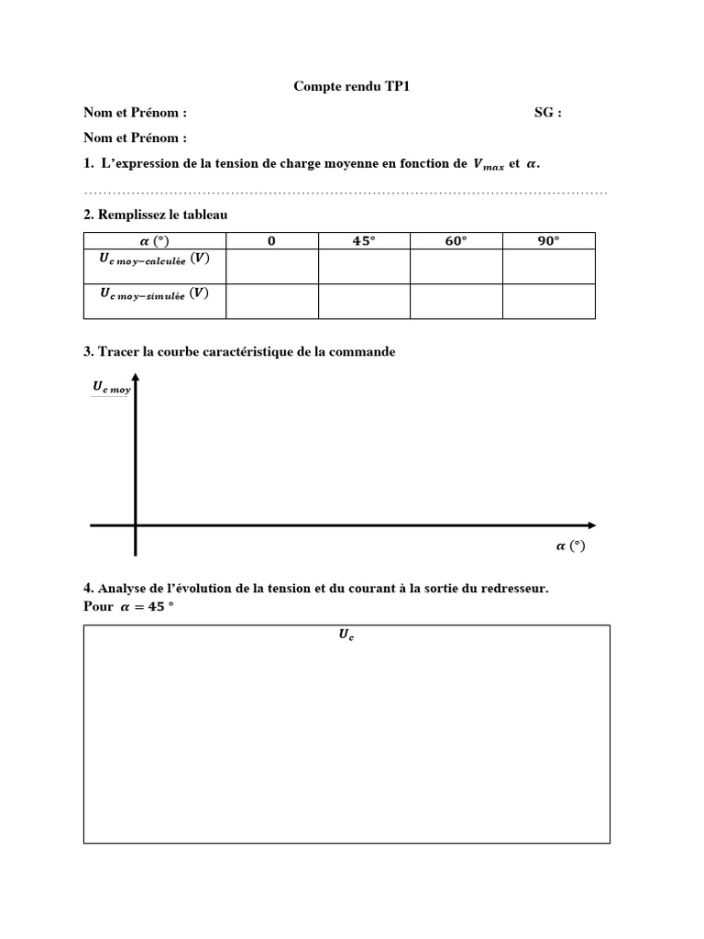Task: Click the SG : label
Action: (548, 113)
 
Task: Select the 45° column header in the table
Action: (364, 241)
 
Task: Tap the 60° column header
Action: (456, 241)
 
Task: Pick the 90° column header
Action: (548, 241)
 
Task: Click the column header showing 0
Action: (271, 241)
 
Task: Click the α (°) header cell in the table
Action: (154, 241)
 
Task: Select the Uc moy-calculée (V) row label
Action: (154, 260)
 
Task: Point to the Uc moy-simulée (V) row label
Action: (154, 295)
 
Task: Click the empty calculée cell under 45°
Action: (364, 267)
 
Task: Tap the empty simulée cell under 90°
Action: (548, 302)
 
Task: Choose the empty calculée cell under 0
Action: (271, 267)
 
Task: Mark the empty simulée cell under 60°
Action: (456, 302)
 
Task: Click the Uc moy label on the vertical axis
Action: (111, 389)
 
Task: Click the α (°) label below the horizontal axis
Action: (570, 547)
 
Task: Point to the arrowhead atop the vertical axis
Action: (136, 377)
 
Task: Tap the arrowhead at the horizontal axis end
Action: (591, 525)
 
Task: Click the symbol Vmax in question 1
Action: (488, 164)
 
